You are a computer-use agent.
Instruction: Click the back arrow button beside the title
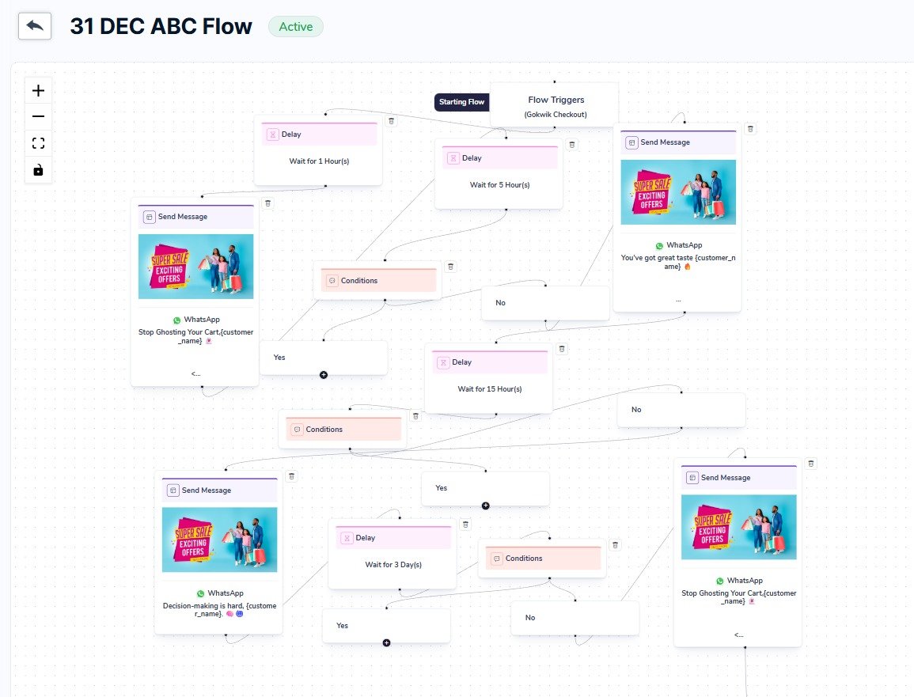35,26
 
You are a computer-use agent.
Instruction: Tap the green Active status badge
296,26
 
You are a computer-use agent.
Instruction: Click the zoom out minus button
38,116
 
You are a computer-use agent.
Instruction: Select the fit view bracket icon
38,143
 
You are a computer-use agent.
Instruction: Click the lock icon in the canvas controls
38,169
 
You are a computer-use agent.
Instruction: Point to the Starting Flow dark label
461,102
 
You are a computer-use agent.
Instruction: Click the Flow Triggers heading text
556,100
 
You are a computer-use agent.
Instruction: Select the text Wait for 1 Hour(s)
319,161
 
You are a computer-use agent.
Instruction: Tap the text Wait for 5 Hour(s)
499,185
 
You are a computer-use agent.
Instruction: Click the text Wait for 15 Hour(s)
490,389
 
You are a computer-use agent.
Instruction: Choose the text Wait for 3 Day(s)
393,565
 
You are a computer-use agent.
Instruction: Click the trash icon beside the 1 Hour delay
391,121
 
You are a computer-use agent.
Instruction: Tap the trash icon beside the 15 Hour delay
562,349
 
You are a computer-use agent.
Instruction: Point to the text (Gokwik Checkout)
555,115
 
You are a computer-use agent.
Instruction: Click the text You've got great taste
656,257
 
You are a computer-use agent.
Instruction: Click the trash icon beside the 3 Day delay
465,525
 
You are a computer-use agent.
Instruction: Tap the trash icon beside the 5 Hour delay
572,145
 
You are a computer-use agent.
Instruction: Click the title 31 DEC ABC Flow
161,27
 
